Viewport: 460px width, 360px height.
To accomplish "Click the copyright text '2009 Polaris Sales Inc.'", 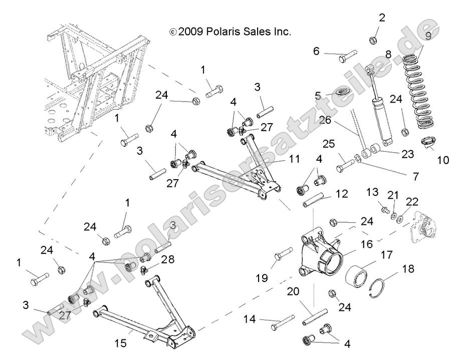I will pyautogui.click(x=231, y=32).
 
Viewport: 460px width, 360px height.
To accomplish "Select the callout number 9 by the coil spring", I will pyautogui.click(x=428, y=36).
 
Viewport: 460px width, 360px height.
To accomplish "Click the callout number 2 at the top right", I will pyautogui.click(x=382, y=19).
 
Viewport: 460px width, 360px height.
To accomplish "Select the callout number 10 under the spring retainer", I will pyautogui.click(x=442, y=160).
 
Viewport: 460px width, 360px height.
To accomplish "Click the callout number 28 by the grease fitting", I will pyautogui.click(x=169, y=259).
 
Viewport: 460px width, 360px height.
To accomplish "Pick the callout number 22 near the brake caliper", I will pyautogui.click(x=412, y=201).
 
